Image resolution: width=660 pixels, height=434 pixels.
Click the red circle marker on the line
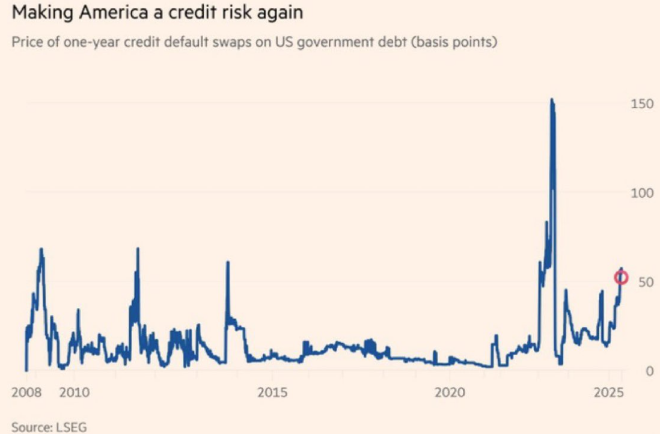pos(621,278)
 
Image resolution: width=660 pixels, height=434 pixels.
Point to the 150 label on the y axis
pos(641,104)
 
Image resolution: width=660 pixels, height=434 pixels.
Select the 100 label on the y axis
pos(641,193)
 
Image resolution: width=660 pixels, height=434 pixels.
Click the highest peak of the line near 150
pos(552,99)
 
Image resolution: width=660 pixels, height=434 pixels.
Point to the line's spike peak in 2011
pos(138,248)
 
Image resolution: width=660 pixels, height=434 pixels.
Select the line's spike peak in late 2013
pos(228,262)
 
